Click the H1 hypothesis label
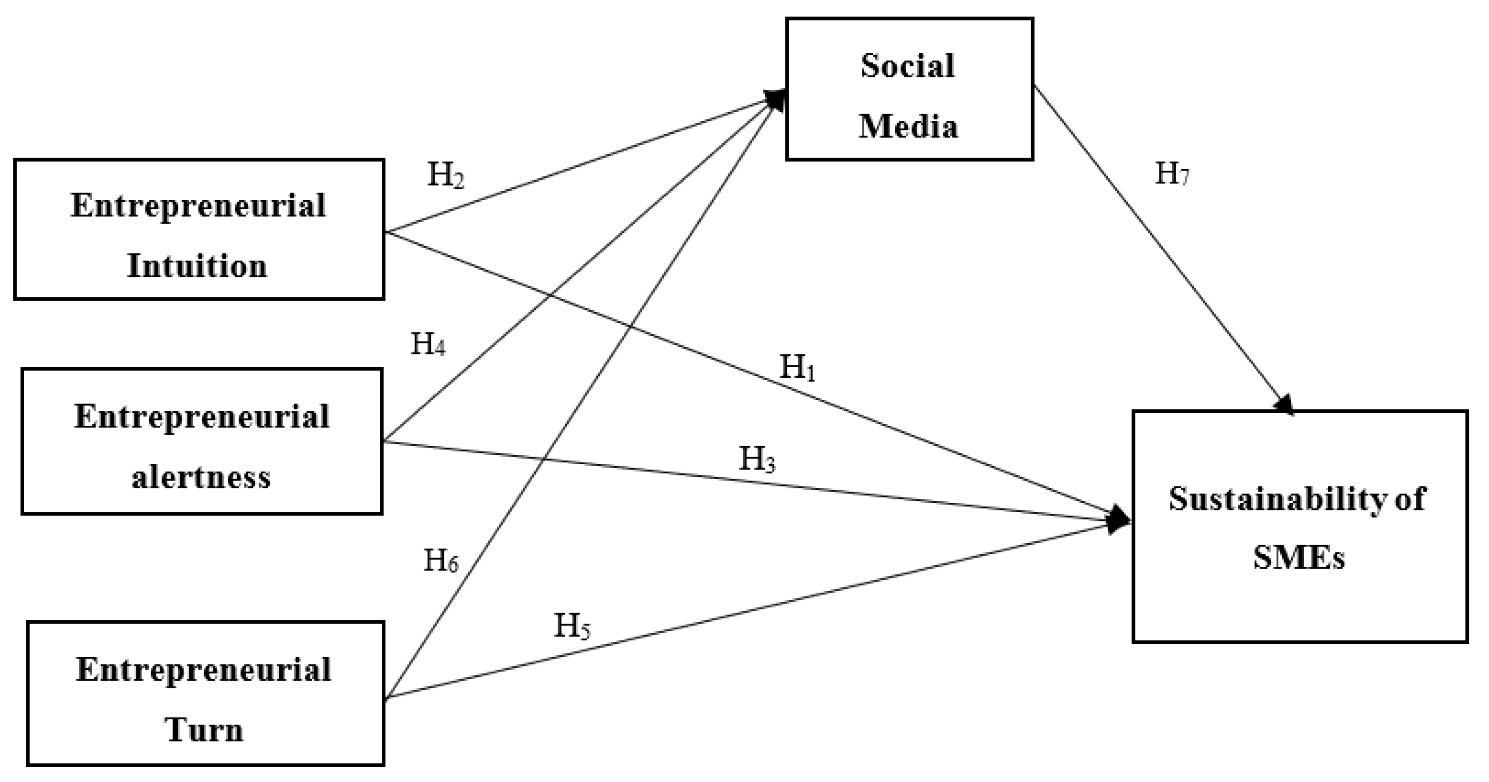coord(797,368)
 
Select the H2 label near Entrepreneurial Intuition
coord(445,174)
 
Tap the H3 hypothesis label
coord(757,460)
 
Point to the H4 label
coord(428,344)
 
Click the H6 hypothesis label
coord(440,560)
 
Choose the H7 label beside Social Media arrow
coord(1172,174)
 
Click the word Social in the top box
coord(908,66)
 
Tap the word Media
coord(908,127)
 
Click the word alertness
coord(201,478)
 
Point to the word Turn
coord(204,730)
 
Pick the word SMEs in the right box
coord(1299,559)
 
